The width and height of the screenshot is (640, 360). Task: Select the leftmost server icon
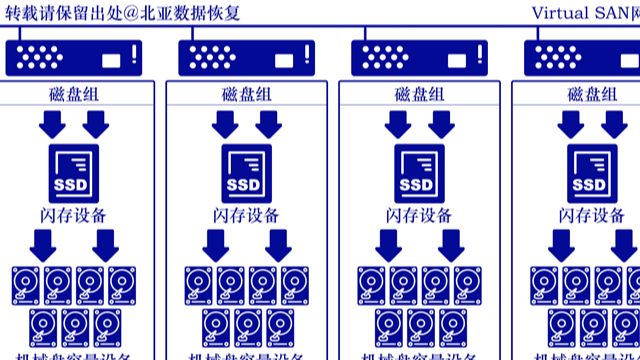(74, 58)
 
